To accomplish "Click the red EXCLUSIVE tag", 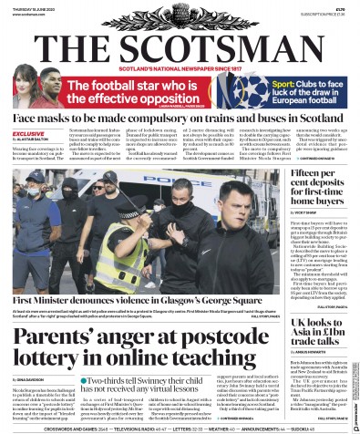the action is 27,134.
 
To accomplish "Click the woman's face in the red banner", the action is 26,84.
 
